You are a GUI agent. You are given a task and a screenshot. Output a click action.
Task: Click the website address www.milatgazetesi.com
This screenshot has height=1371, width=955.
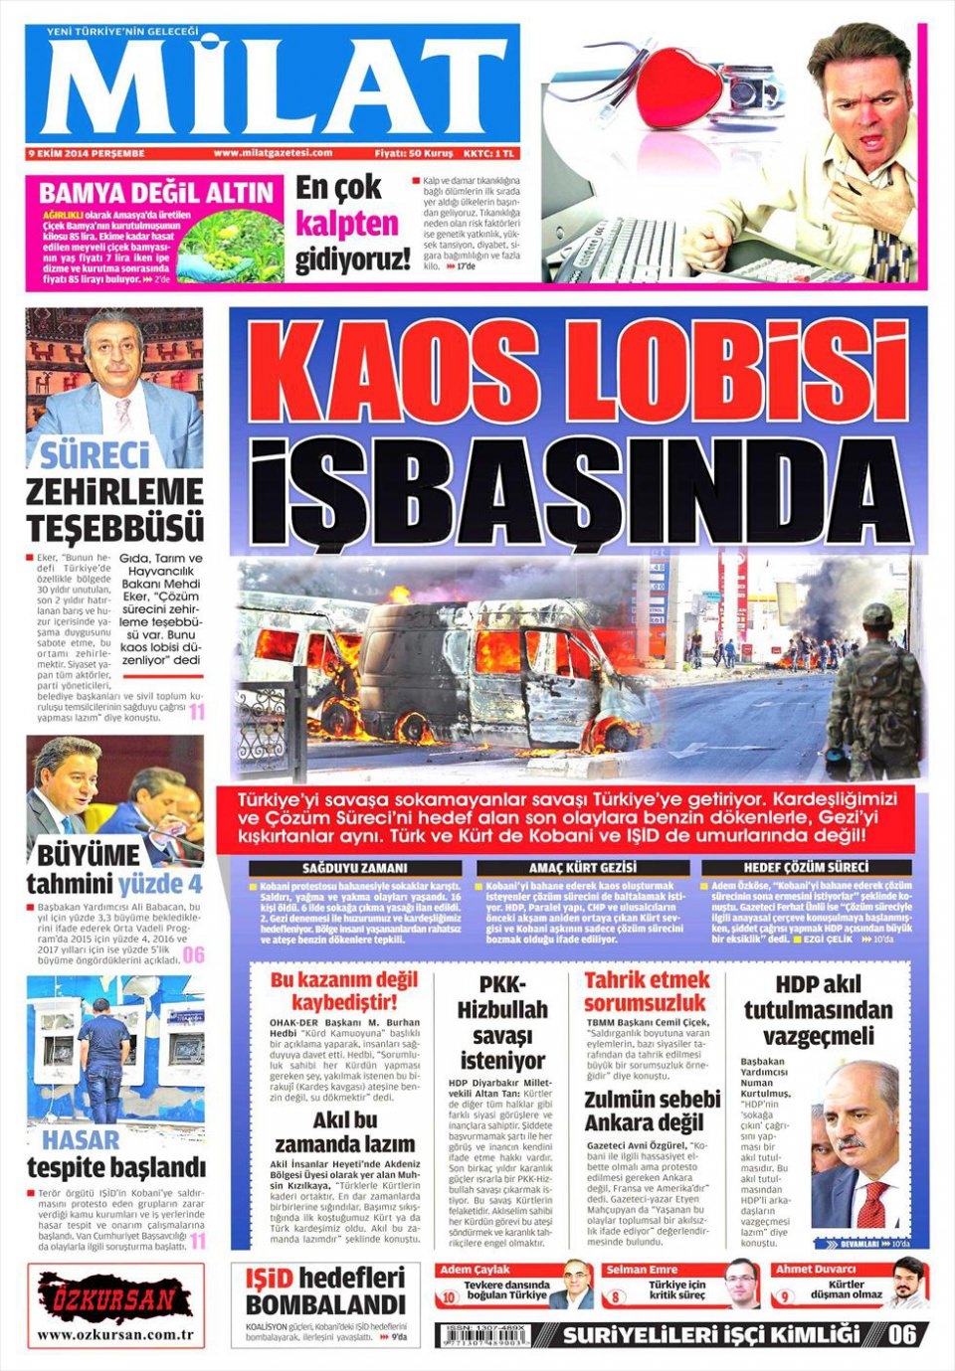pyautogui.click(x=273, y=153)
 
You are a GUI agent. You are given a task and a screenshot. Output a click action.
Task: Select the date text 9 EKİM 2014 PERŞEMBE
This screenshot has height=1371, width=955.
pyautogui.click(x=88, y=153)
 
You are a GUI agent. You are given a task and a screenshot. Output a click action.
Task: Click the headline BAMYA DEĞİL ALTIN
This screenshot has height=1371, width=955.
pyautogui.click(x=156, y=193)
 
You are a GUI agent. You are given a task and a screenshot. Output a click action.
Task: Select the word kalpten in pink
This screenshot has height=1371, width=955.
pyautogui.click(x=346, y=224)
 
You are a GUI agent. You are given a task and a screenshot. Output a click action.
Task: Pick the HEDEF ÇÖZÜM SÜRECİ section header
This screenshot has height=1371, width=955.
pyautogui.click(x=806, y=868)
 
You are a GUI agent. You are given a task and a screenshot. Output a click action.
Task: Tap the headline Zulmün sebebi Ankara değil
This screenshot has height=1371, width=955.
pyautogui.click(x=652, y=1112)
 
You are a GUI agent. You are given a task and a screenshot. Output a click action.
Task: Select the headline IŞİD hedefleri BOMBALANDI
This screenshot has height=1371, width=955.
pyautogui.click(x=325, y=1290)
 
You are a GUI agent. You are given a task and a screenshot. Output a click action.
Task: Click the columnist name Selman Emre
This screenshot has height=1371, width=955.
pyautogui.click(x=642, y=1270)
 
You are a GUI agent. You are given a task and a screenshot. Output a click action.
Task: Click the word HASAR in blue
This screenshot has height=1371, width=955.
pyautogui.click(x=81, y=1139)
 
